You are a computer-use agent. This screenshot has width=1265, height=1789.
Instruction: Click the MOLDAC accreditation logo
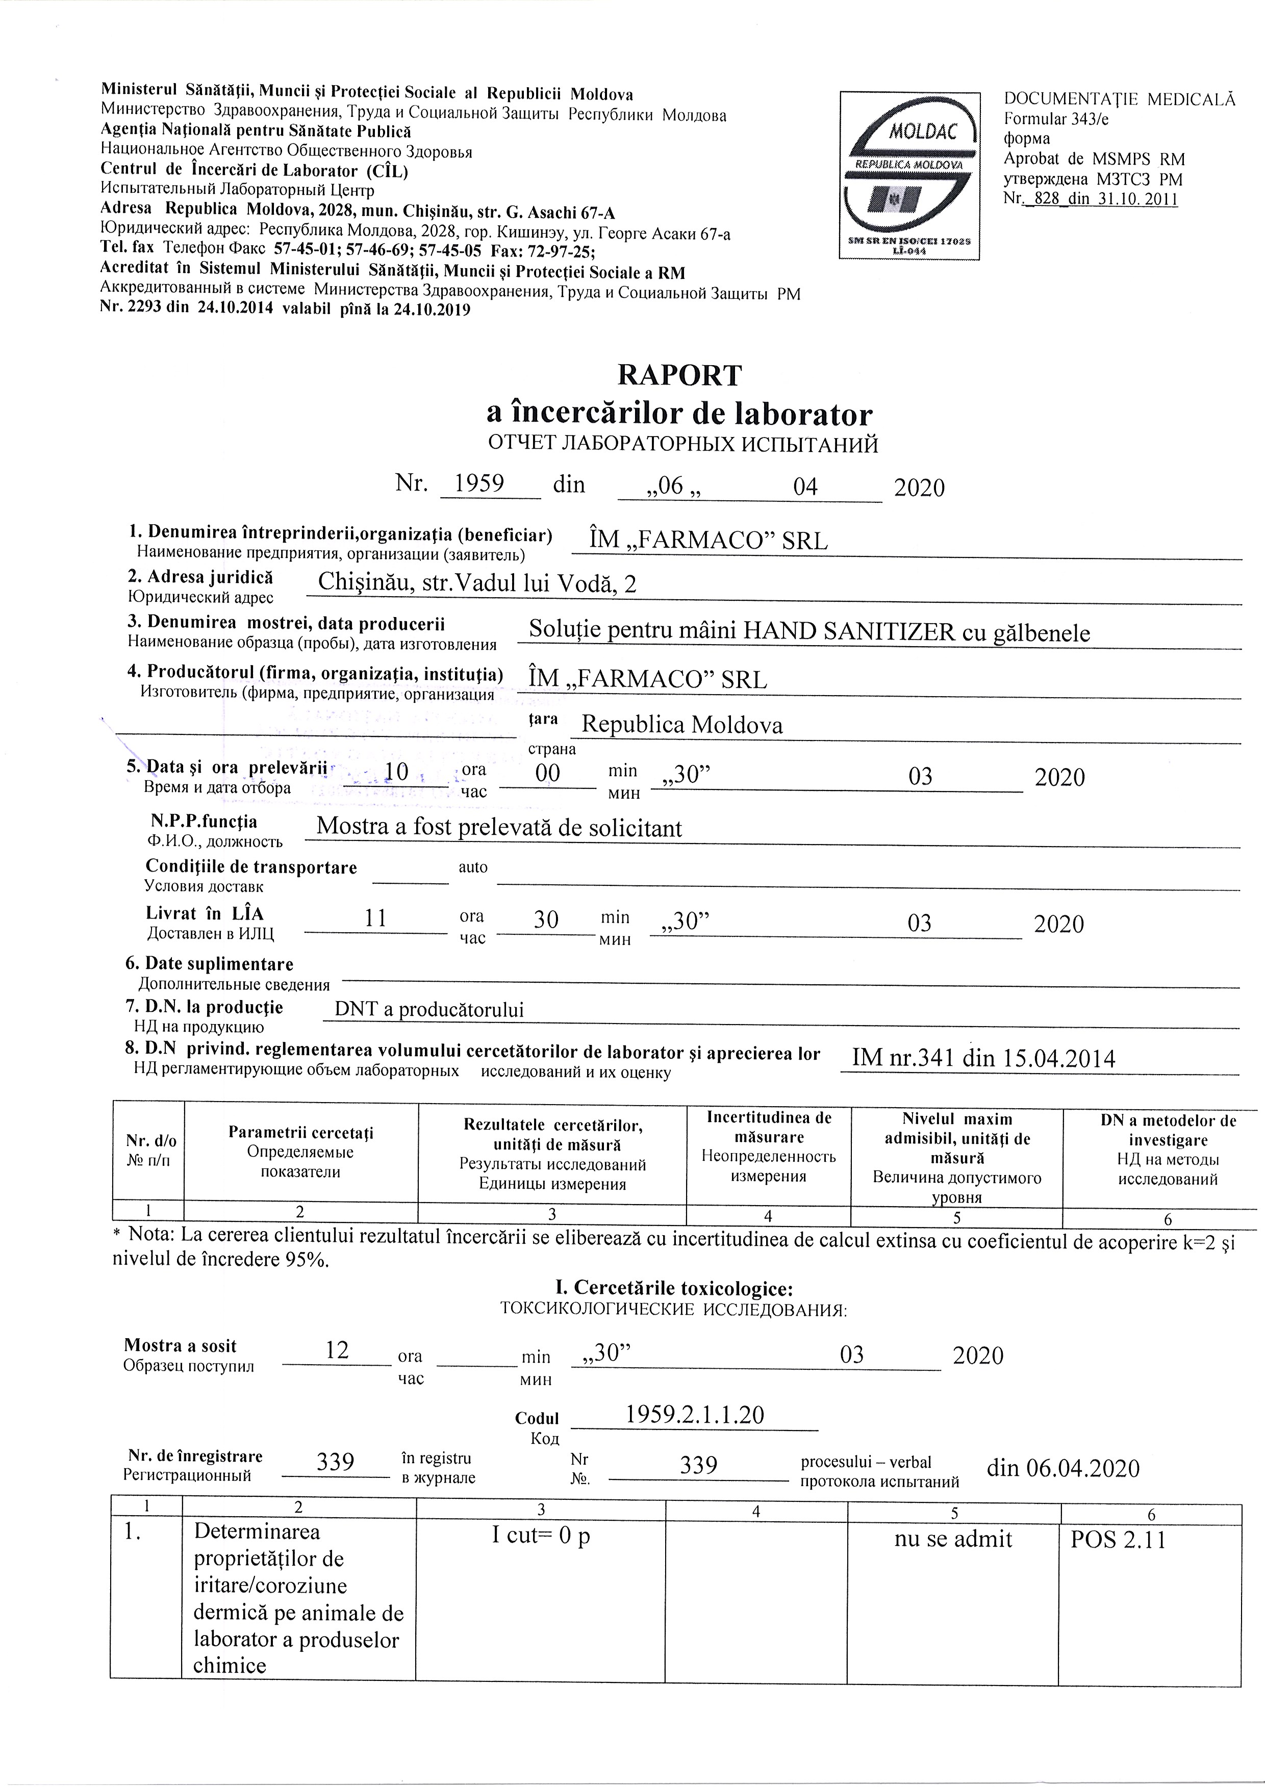click(x=909, y=175)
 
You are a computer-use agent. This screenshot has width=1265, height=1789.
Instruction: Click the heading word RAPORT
click(x=679, y=375)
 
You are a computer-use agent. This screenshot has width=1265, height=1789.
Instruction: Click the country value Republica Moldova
click(x=682, y=725)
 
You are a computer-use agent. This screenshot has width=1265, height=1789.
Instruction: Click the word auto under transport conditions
click(x=473, y=866)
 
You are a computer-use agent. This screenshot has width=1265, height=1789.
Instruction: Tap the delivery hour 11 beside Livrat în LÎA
click(x=376, y=918)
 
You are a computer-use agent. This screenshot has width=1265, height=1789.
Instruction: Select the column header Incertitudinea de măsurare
click(x=769, y=1128)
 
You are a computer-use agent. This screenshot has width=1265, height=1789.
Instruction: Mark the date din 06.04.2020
click(x=1062, y=1468)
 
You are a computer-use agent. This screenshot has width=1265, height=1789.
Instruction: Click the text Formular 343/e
click(x=1056, y=118)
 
